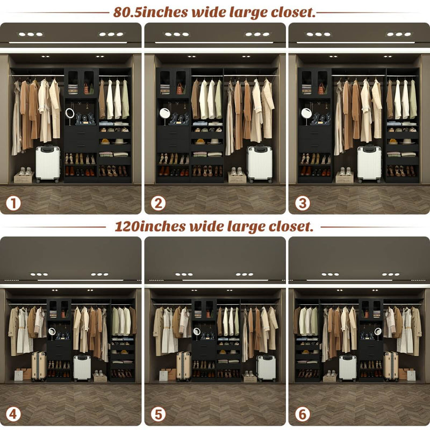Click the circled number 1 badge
[13, 203]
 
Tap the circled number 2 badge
[157, 203]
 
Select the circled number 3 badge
[302, 203]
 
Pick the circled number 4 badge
[13, 414]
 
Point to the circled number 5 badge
[157, 414]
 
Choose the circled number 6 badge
[302, 414]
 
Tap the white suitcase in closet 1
[48, 164]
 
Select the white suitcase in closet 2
[260, 163]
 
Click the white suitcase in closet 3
[369, 163]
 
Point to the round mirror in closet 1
[70, 113]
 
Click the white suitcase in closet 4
[82, 368]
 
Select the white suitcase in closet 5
[266, 368]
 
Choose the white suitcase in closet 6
[348, 368]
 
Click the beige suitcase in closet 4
[39, 365]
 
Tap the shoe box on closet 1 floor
[24, 176]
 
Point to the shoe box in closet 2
[237, 176]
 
